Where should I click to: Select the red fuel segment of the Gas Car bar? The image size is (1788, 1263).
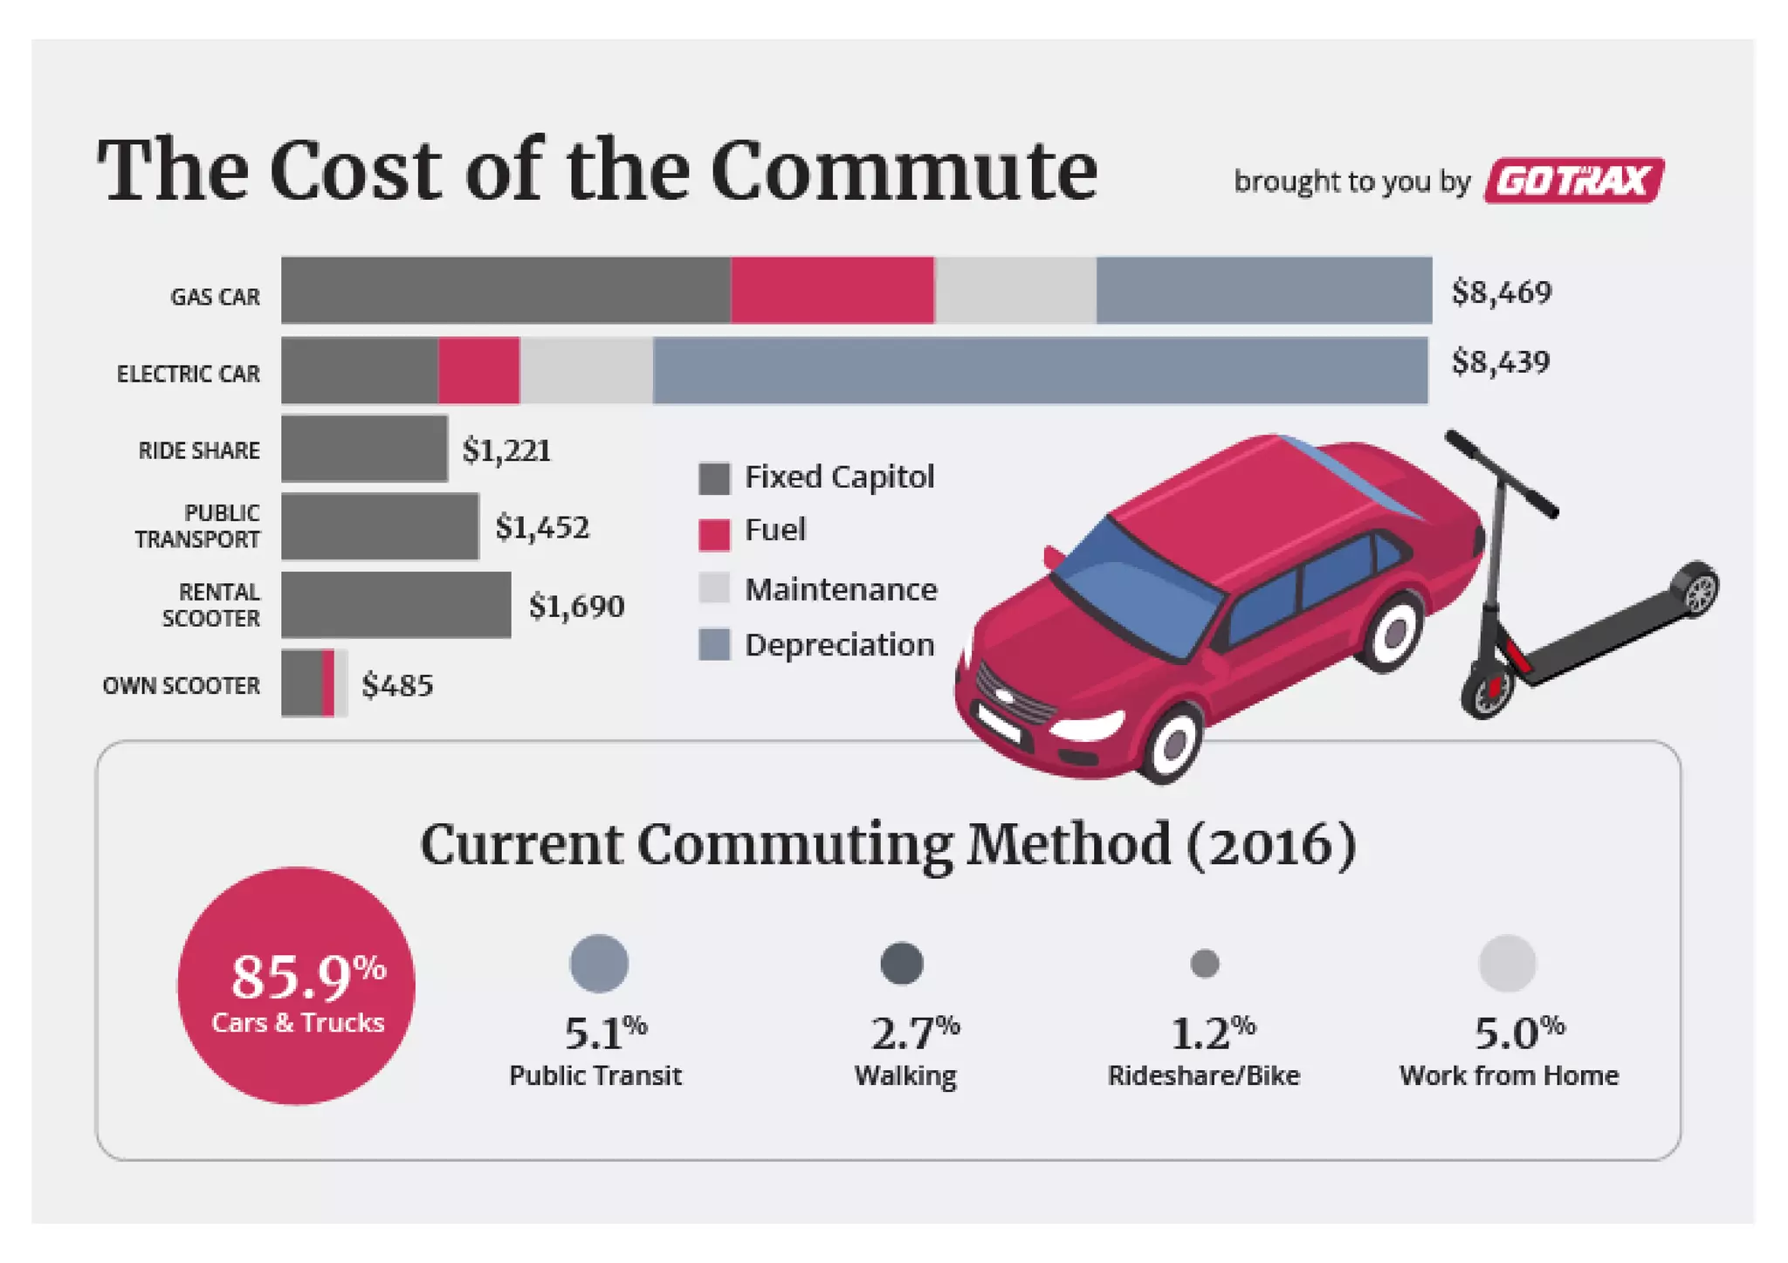click(x=832, y=291)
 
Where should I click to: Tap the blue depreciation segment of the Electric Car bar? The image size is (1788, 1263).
click(x=1040, y=371)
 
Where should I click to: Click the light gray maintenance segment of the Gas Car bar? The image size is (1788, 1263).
click(x=1014, y=291)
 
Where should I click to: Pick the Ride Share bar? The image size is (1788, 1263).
click(x=364, y=449)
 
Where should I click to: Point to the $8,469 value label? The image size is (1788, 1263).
click(x=1501, y=292)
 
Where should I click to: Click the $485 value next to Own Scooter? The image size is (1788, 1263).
click(x=397, y=685)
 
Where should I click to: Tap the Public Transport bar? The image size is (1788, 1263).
click(x=380, y=526)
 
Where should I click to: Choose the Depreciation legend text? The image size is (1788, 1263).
click(x=839, y=645)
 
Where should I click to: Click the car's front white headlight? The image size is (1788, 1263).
click(x=1087, y=725)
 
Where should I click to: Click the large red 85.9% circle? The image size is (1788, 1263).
click(x=296, y=985)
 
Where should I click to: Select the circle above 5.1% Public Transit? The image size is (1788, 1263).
click(x=599, y=964)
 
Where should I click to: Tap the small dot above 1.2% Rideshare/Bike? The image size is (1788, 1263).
click(x=1205, y=964)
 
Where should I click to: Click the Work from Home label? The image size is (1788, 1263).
click(x=1509, y=1075)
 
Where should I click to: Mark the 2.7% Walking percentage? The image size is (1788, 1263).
click(x=913, y=1033)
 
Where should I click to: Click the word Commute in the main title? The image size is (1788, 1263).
click(x=904, y=170)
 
